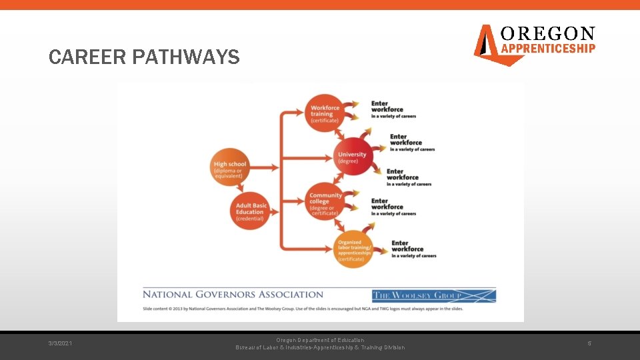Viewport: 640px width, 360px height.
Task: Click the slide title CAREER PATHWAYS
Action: tap(144, 57)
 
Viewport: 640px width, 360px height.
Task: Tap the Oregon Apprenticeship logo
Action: tap(534, 44)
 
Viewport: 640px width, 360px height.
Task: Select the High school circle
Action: tap(230, 167)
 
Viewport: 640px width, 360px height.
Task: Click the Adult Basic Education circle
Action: tap(251, 209)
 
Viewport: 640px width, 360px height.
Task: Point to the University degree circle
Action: tap(353, 157)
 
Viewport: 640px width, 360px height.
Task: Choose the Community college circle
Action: tap(326, 202)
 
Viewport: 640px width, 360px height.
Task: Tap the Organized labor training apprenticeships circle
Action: tap(353, 250)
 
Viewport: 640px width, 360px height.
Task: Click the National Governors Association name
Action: tap(233, 294)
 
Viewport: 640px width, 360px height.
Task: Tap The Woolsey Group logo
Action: tap(434, 295)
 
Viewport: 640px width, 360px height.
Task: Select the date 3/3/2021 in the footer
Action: tap(61, 343)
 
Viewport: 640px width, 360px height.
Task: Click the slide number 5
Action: tap(589, 343)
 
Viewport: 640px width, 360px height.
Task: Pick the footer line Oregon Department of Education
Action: tap(321, 340)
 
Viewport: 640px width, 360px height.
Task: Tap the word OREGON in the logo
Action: tap(547, 33)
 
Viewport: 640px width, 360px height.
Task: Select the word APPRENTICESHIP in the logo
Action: tap(547, 48)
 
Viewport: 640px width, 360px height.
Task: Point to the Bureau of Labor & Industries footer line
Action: tap(321, 348)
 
